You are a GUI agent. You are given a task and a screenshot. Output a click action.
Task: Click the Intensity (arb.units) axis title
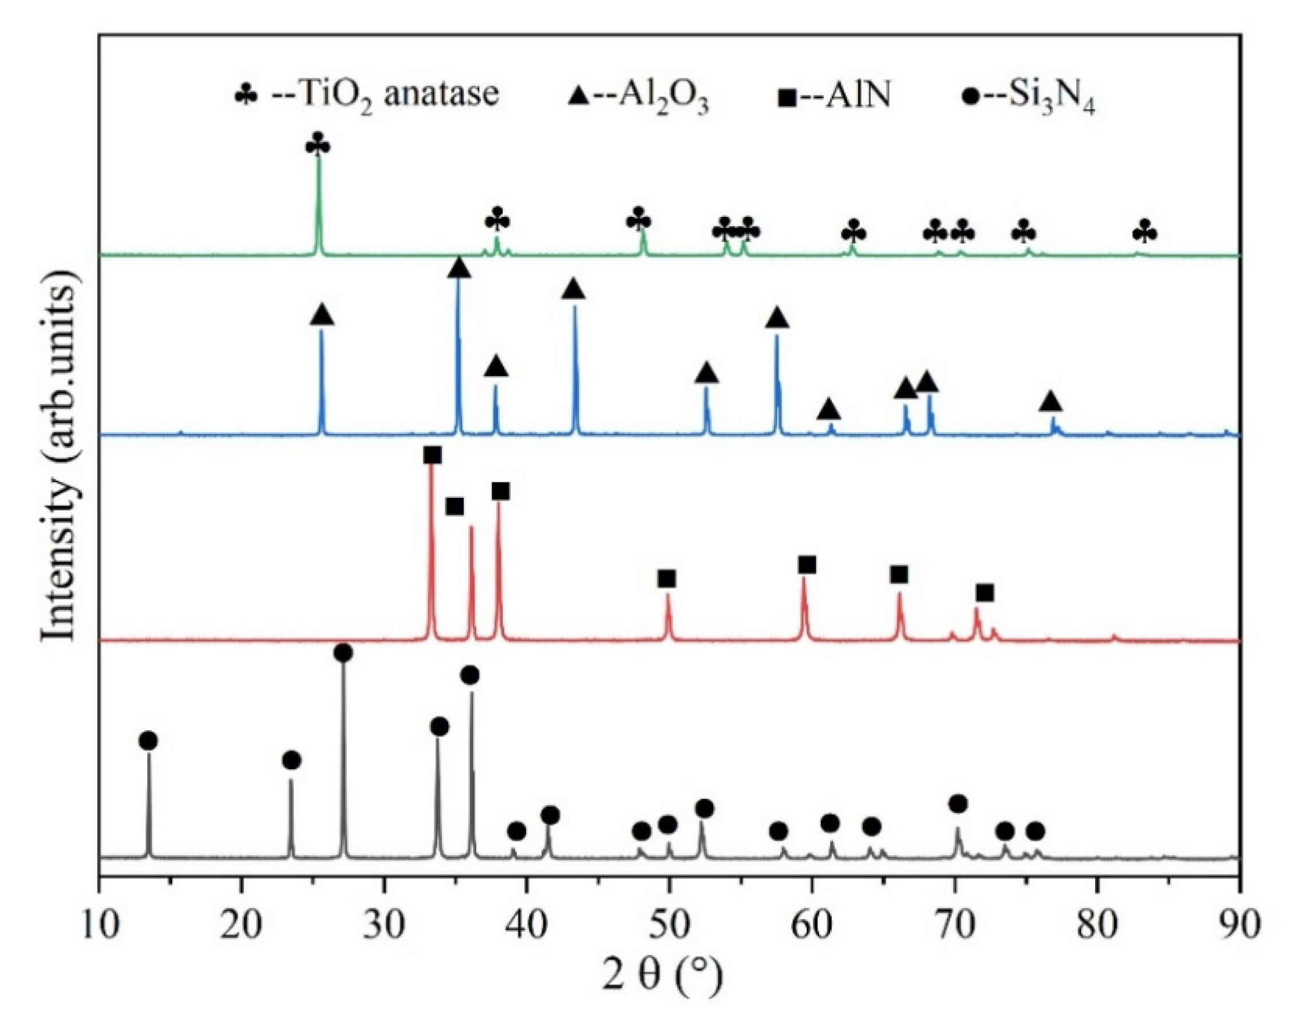[60, 454]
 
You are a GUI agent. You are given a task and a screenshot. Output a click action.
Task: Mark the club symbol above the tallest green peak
[318, 145]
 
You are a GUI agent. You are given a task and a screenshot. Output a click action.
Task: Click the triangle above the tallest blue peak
[459, 268]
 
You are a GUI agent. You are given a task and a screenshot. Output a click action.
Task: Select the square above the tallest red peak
[432, 455]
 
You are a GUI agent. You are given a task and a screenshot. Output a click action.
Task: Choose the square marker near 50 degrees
[667, 579]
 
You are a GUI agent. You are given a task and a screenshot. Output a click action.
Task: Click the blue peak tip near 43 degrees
[575, 307]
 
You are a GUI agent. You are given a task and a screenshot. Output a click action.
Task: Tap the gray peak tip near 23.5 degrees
[291, 780]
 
